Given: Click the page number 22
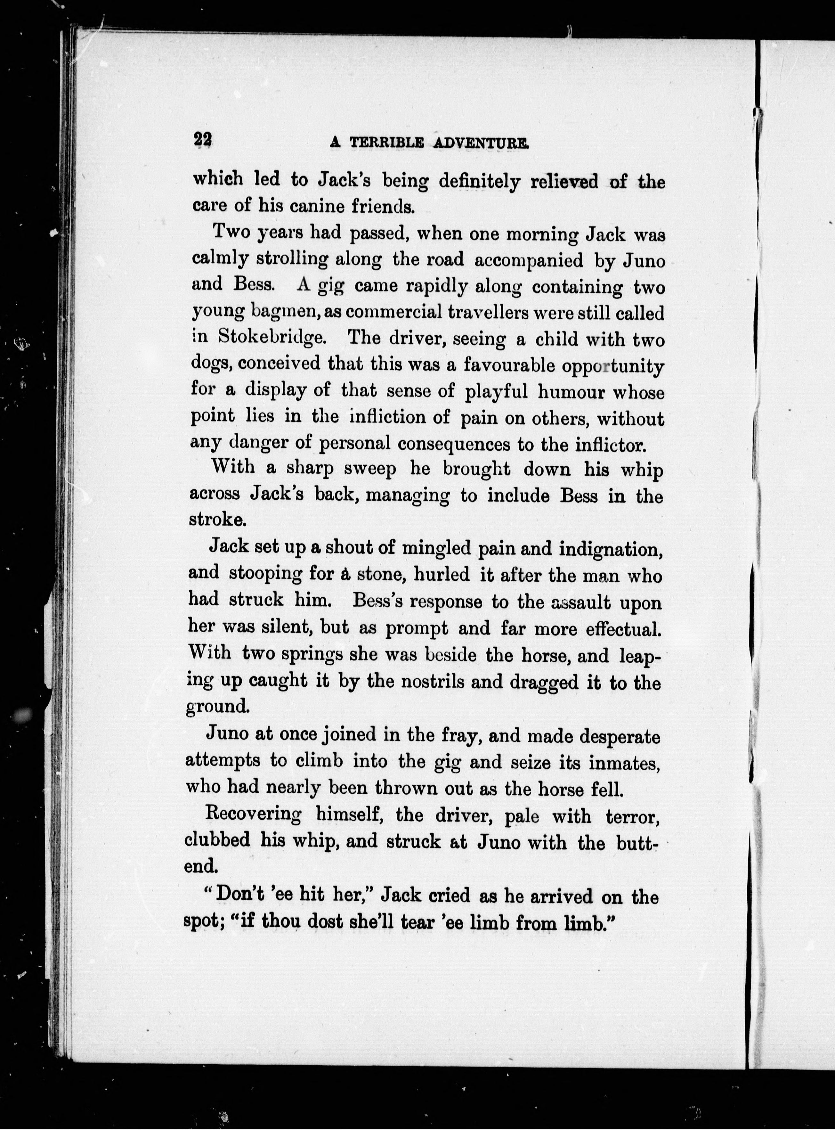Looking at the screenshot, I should click(x=203, y=140).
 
